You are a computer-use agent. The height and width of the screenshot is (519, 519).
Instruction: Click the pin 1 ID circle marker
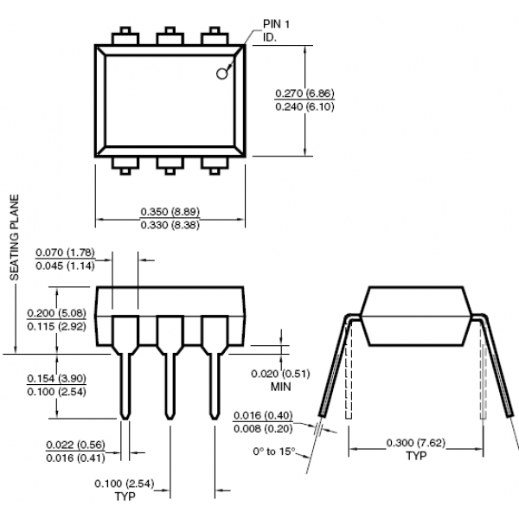[x=221, y=74]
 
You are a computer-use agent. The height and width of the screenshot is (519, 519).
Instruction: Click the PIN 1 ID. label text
[x=276, y=30]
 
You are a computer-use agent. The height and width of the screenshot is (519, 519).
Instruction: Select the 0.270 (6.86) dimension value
[x=304, y=93]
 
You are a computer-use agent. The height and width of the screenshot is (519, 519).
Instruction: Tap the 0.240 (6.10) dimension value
[x=304, y=106]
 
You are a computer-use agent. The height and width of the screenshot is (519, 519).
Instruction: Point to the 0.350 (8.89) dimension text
[x=170, y=212]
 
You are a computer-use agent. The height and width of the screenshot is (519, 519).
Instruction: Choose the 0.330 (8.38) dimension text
[x=170, y=225]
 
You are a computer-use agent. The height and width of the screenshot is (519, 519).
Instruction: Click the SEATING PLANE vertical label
[x=14, y=237]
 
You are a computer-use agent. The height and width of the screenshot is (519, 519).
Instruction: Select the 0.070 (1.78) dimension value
[x=65, y=253]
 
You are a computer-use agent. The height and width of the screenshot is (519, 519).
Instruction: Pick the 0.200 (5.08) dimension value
[x=56, y=313]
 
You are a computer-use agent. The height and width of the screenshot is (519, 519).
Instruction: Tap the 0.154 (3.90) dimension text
[x=56, y=378]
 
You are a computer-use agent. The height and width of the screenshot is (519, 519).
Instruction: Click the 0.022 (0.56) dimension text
[x=75, y=445]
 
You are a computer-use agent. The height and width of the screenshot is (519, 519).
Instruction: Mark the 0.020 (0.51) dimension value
[x=280, y=374]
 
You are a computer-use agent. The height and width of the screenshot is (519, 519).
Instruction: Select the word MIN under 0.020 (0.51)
[x=280, y=387]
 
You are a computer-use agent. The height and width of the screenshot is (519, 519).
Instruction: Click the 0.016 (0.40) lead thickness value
[x=263, y=415]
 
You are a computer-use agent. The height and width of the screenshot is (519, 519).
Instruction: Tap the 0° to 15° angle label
[x=273, y=452]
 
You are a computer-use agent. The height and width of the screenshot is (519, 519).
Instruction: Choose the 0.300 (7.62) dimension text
[x=416, y=443]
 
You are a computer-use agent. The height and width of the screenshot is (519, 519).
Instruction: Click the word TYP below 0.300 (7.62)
[x=416, y=456]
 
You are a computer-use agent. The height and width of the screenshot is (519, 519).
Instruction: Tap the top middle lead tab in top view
[x=170, y=36]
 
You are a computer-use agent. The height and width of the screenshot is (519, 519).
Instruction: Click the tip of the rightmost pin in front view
[x=215, y=419]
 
